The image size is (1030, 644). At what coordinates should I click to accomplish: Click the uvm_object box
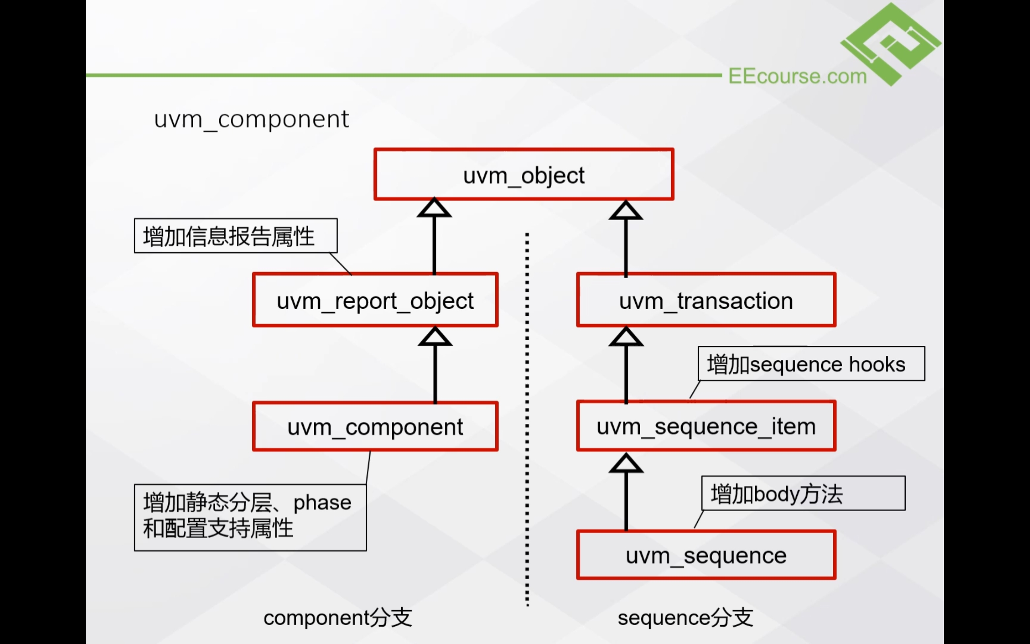[x=523, y=174]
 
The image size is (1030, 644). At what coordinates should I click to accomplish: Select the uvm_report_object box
[x=375, y=300]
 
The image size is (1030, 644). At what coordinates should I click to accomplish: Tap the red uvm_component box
[x=375, y=426]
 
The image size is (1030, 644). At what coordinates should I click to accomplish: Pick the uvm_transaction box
[x=706, y=300]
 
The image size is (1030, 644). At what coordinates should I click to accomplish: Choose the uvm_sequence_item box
[x=706, y=426]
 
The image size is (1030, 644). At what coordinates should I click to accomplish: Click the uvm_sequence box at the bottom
[x=706, y=555]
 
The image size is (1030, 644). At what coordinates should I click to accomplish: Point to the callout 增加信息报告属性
[x=235, y=236]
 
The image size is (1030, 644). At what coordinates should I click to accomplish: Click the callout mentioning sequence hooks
[x=811, y=364]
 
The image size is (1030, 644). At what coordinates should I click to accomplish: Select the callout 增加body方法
[x=803, y=493]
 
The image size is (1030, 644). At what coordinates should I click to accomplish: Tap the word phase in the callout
[x=322, y=503]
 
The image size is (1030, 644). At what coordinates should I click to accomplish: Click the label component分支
[x=338, y=617]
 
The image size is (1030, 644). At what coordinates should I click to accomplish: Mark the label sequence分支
[x=685, y=617]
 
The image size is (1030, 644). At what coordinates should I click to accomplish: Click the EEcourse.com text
[x=797, y=76]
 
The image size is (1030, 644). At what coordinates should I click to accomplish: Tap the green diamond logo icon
[x=891, y=43]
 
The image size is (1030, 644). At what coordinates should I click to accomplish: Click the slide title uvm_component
[x=251, y=119]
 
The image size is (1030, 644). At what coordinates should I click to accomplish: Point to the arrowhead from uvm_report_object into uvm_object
[x=434, y=209]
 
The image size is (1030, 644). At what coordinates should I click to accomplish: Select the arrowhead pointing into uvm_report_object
[x=435, y=337]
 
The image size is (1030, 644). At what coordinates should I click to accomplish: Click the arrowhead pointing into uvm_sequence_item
[x=626, y=464]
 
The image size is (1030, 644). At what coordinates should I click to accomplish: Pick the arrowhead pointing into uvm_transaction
[x=626, y=337]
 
